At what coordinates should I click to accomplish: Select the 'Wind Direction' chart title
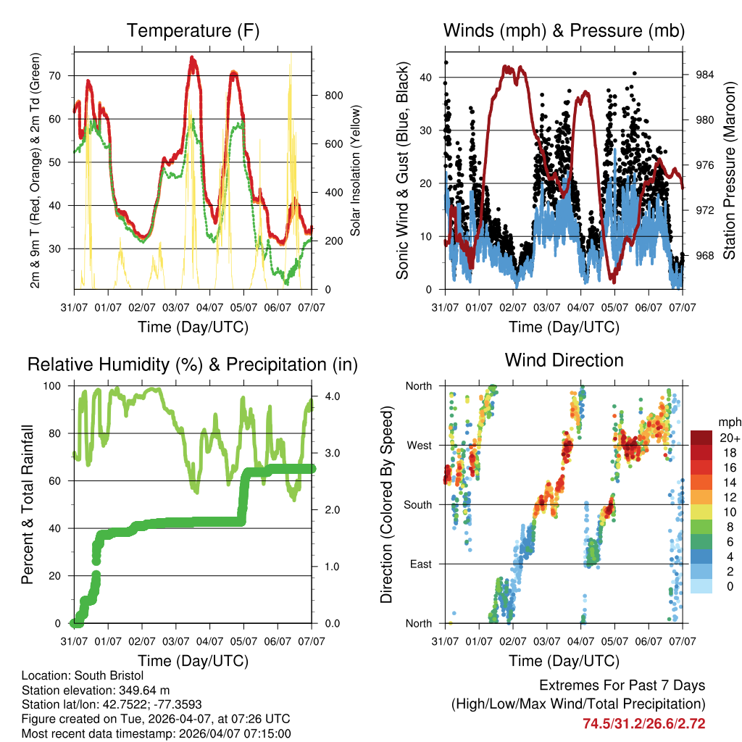[564, 359]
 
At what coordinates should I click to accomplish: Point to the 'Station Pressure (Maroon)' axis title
[729, 171]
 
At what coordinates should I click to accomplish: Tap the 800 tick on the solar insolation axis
[333, 96]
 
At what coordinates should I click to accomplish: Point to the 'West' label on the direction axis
[419, 445]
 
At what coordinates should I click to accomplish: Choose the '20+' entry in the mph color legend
[730, 438]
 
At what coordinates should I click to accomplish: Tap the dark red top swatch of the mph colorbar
[701, 437]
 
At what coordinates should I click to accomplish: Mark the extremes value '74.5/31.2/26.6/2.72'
[643, 723]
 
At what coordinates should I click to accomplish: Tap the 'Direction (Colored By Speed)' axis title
[386, 504]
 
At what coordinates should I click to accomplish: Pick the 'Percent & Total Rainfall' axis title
[27, 504]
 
